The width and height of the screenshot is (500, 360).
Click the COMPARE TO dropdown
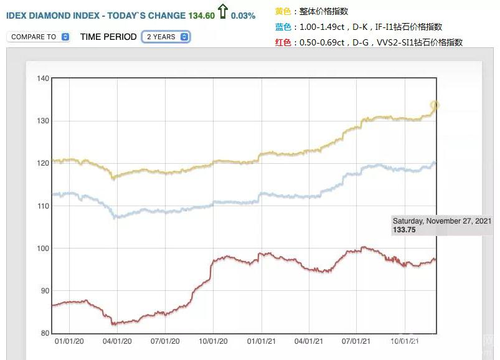[38, 37]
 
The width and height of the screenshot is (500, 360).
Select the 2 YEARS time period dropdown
[166, 37]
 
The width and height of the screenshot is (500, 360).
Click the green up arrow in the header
[222, 12]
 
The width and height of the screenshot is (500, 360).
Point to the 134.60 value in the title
[201, 16]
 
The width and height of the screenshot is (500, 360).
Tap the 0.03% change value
[243, 16]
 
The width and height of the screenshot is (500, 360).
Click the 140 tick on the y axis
[43, 78]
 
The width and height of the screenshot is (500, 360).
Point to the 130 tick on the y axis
[43, 121]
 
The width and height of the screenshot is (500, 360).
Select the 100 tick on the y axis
[43, 249]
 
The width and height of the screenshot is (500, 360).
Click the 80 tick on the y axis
[44, 333]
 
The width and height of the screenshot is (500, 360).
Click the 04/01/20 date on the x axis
[116, 341]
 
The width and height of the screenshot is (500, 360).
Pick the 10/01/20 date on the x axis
[213, 341]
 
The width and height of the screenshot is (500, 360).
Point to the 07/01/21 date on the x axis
[357, 341]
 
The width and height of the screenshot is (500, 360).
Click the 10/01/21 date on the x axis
[405, 341]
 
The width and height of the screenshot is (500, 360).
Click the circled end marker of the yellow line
[435, 105]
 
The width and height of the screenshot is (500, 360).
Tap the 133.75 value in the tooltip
[404, 230]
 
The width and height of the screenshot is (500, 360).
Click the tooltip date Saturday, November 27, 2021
[442, 221]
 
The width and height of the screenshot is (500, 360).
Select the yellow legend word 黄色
[283, 11]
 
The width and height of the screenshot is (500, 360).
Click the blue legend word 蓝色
[283, 27]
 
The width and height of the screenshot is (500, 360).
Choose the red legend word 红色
[283, 42]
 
